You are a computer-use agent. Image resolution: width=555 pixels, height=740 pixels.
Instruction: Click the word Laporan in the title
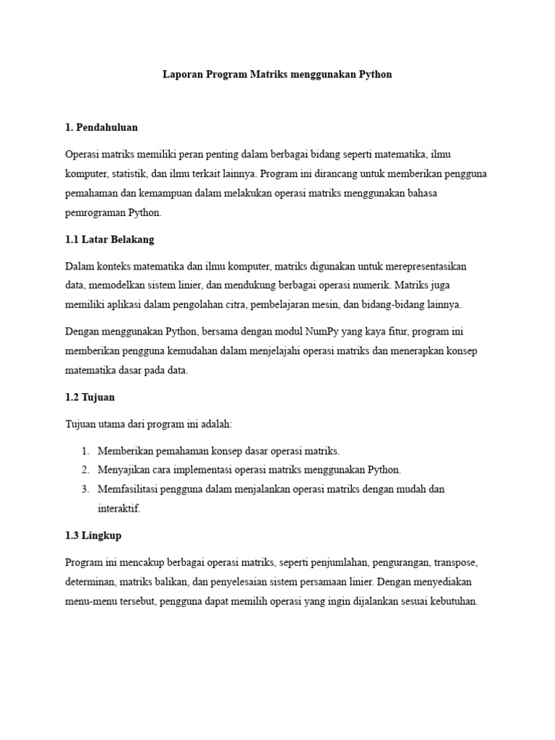point(181,74)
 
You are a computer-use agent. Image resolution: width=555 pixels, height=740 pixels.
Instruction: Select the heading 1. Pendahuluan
point(101,127)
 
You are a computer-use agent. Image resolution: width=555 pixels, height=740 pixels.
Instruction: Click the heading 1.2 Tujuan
point(90,397)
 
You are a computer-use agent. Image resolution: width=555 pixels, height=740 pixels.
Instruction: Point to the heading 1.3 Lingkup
point(92,535)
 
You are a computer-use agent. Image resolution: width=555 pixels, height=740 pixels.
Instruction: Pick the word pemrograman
point(95,213)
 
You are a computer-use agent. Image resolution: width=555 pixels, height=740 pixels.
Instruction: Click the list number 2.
point(85,470)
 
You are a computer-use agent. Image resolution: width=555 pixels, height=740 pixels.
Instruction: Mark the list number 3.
point(85,489)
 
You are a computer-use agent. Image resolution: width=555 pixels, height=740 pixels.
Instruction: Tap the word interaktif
point(119,509)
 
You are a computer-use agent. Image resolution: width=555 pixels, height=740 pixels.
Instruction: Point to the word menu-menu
point(89,601)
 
